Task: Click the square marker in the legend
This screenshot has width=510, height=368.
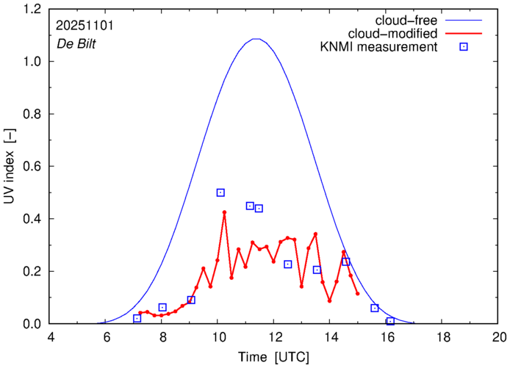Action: tap(464, 48)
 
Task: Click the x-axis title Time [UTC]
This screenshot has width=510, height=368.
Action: tap(273, 358)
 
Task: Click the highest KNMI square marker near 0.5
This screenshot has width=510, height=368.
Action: tap(220, 192)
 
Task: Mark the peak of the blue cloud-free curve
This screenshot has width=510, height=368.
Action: tap(256, 39)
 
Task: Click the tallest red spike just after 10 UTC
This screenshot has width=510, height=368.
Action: tap(224, 212)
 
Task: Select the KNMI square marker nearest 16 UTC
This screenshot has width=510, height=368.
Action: tap(390, 321)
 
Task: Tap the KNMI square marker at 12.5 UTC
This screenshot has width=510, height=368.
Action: tap(288, 264)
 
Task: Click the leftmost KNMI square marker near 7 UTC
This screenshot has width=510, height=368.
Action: tap(137, 318)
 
